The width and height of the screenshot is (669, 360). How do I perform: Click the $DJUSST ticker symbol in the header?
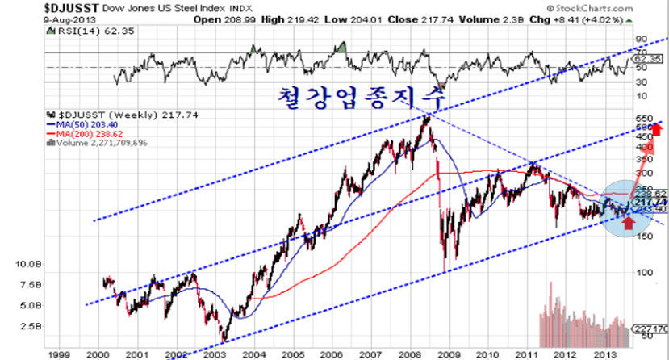coord(28,6)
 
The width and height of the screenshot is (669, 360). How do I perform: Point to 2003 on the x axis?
coord(213,354)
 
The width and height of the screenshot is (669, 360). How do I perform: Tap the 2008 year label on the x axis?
coord(408,354)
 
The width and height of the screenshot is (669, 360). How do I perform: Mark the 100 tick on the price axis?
coord(643,272)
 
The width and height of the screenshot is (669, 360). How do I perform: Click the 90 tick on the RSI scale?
coord(642,39)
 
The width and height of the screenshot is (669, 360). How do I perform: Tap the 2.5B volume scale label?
coord(30,327)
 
